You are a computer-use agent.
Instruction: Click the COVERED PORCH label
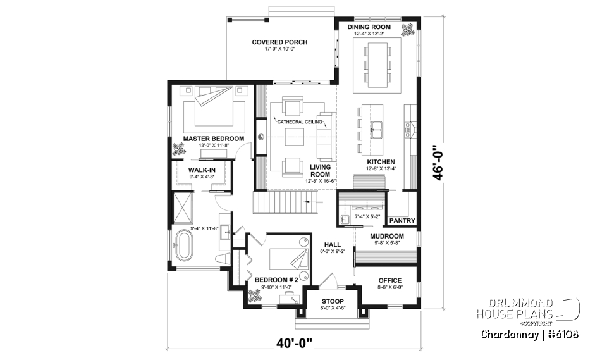279,42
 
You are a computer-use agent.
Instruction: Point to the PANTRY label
402,221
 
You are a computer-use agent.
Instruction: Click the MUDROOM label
387,236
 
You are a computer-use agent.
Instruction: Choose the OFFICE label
389,280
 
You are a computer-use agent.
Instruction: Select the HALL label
333,244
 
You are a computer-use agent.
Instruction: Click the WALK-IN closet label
203,170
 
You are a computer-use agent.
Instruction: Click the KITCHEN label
381,162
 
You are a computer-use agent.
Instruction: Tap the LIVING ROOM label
320,171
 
